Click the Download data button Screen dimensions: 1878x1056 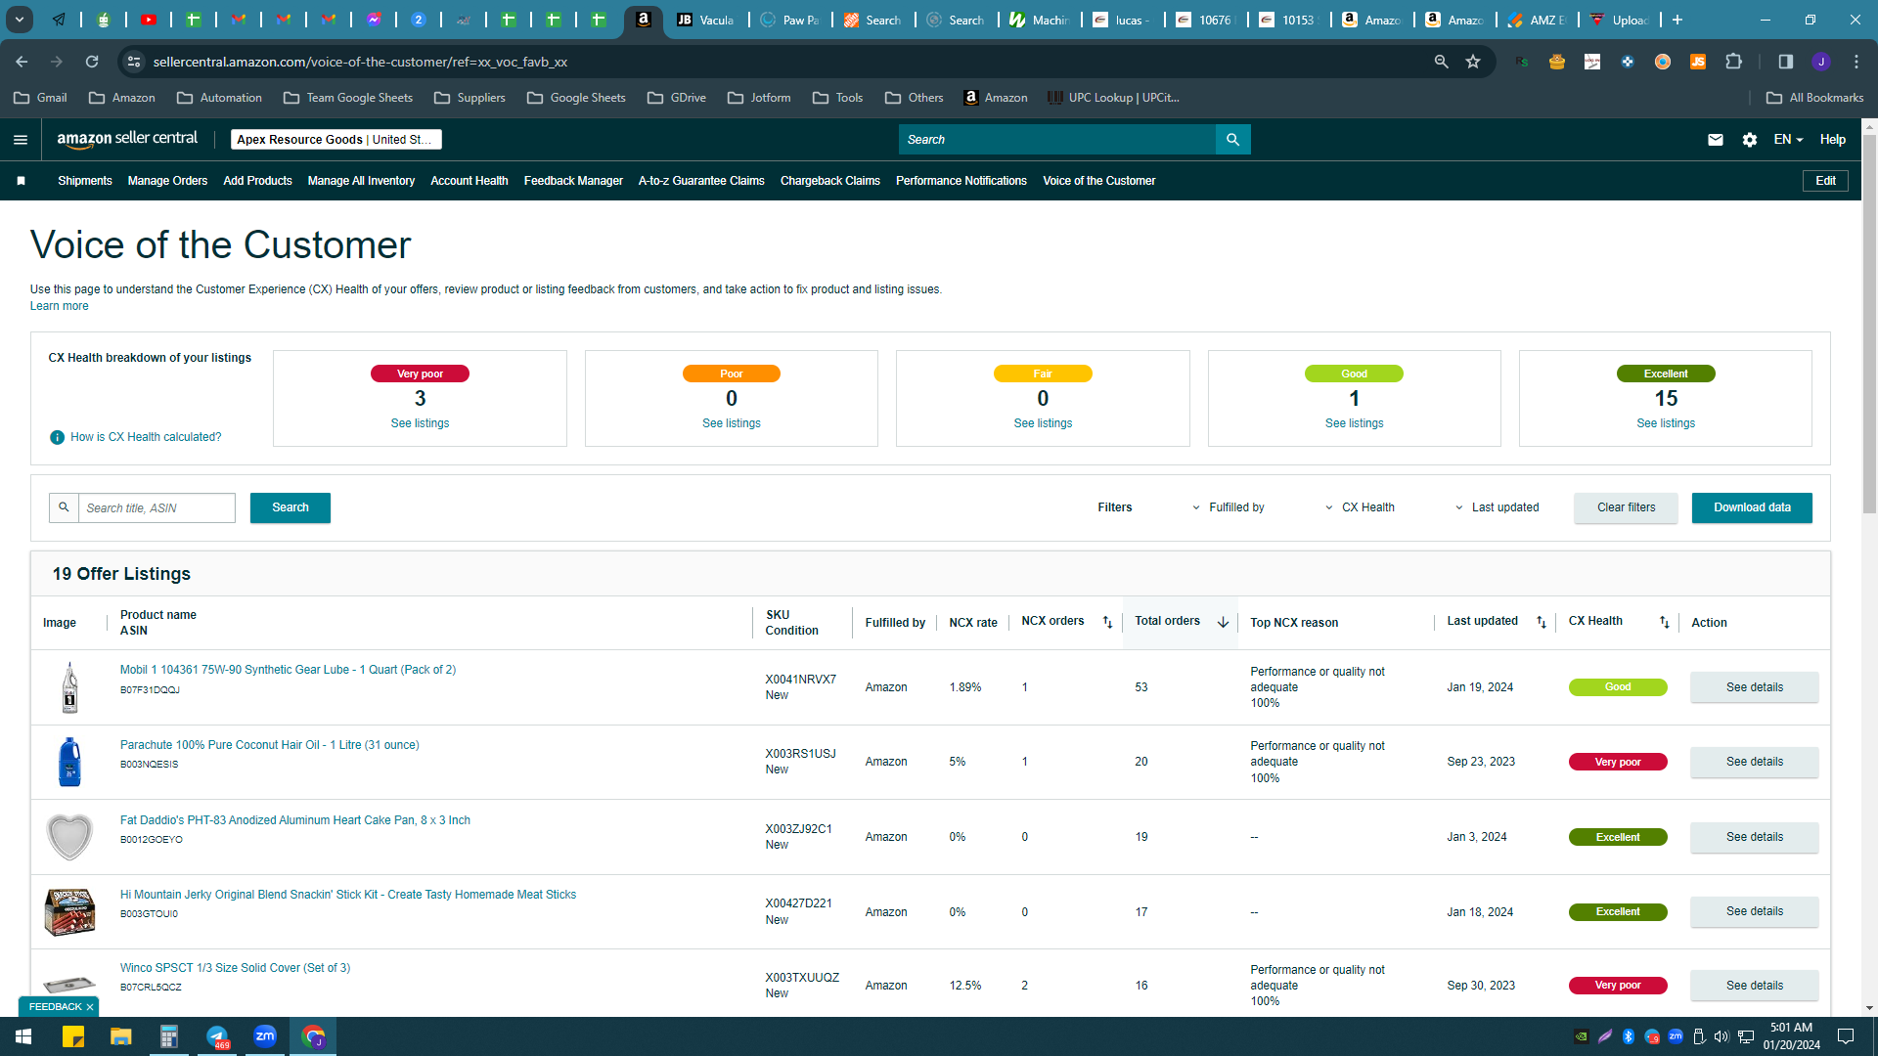[1752, 507]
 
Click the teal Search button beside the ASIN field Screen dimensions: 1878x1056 [291, 507]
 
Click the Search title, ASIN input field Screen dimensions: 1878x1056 [156, 507]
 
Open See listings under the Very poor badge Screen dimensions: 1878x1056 [420, 423]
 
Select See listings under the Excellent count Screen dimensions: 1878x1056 [1666, 423]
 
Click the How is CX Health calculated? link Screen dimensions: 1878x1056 [146, 437]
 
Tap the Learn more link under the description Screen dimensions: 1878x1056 [59, 306]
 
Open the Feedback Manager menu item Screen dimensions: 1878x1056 [573, 181]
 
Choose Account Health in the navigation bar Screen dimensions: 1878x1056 [469, 181]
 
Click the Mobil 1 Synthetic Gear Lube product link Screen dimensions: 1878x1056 [288, 670]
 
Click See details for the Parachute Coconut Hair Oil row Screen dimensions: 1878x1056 [1755, 762]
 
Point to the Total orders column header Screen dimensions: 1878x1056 [1167, 621]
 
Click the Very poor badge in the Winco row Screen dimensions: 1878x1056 [1618, 986]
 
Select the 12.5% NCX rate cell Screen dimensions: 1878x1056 [965, 986]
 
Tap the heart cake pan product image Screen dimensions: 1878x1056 [69, 837]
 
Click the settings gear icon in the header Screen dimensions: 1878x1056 [1750, 140]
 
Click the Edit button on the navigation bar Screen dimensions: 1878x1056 [1825, 181]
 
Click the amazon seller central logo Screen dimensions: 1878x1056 [127, 139]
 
